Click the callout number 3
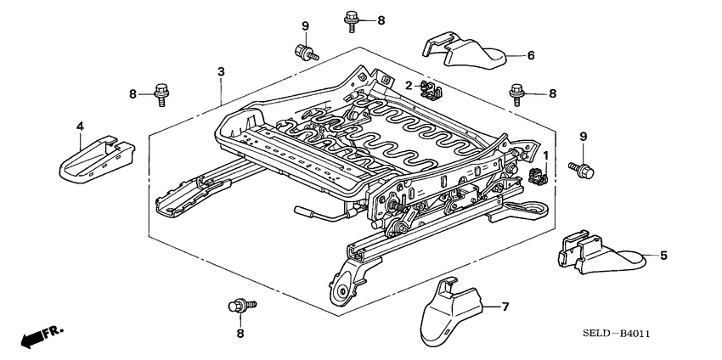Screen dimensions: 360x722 coord(221,71)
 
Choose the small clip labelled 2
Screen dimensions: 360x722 coord(432,85)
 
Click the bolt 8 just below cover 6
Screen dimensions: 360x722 coord(516,93)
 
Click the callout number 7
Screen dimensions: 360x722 coord(504,307)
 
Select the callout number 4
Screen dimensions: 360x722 coord(80,127)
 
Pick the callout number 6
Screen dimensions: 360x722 coord(530,56)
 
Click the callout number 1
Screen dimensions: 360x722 coord(546,155)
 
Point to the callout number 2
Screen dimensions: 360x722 coord(408,85)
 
